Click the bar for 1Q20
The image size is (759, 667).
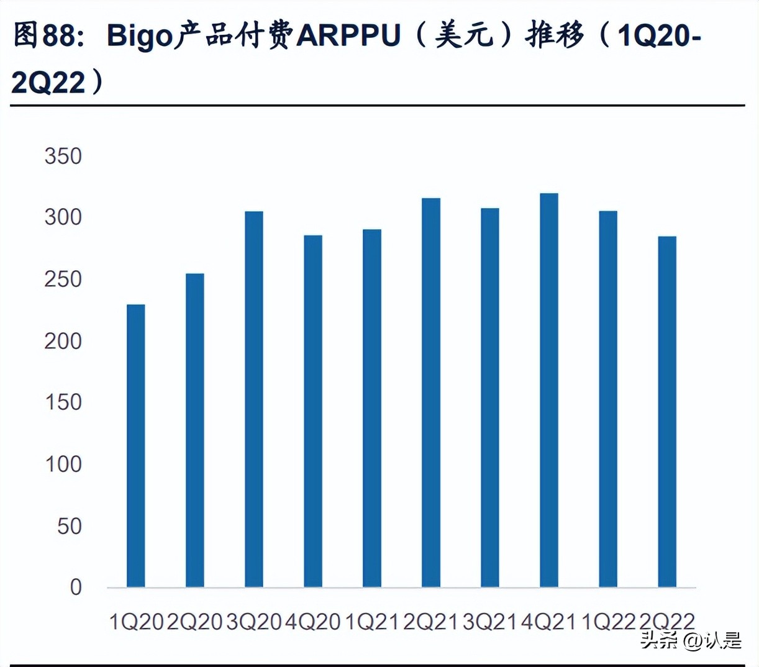(135, 445)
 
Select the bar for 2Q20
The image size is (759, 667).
(194, 430)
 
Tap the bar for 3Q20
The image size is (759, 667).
(253, 399)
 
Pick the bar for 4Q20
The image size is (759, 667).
(312, 411)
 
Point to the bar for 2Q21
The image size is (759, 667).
(430, 392)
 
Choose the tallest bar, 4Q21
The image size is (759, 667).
(548, 390)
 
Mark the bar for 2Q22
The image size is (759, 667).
(666, 411)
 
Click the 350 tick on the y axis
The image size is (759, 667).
(63, 156)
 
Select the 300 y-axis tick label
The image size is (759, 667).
(63, 217)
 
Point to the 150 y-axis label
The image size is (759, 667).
(63, 402)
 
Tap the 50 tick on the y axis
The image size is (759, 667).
(69, 526)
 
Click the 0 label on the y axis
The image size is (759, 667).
(75, 587)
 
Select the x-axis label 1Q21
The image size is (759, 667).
(371, 621)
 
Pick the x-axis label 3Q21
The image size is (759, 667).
(489, 621)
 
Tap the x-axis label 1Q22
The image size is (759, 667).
(607, 621)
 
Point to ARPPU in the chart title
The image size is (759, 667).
(348, 36)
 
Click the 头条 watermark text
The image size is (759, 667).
(659, 640)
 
